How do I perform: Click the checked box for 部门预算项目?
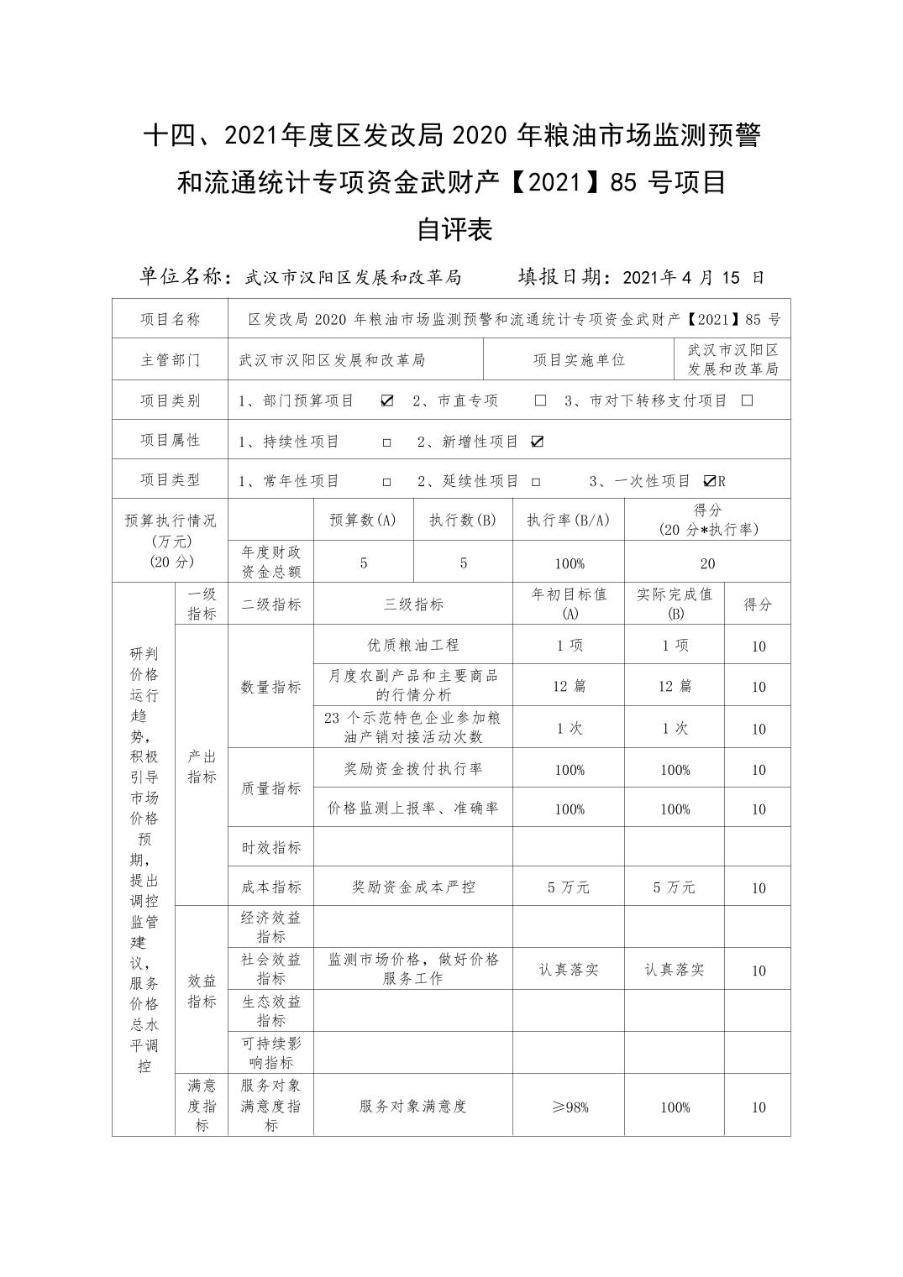point(386,400)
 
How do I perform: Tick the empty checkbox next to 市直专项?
point(540,400)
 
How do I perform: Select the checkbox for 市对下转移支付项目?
point(747,400)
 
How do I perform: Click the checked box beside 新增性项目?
point(538,442)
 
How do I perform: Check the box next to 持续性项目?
point(386,442)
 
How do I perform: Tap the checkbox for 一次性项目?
point(710,481)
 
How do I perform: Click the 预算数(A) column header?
point(363,520)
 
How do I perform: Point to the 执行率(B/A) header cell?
point(568,520)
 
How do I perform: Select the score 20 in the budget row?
point(707,563)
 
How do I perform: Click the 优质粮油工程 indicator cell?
point(413,645)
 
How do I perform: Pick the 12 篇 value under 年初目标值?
point(569,686)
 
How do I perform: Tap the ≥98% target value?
point(569,1107)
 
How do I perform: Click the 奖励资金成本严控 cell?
point(413,887)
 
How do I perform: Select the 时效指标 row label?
point(270,847)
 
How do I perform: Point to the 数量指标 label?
point(270,687)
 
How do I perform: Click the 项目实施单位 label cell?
point(579,360)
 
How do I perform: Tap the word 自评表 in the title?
point(454,229)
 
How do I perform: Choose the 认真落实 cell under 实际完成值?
point(675,970)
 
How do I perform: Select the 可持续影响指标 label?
point(270,1053)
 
